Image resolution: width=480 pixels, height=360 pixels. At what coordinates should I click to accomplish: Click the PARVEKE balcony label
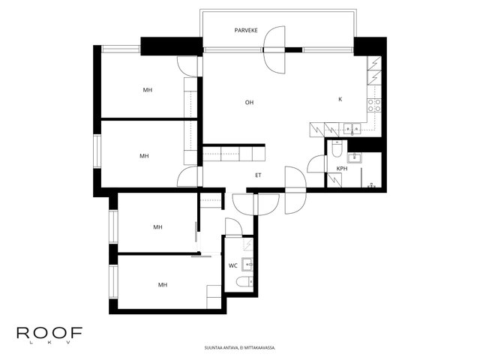pyautogui.click(x=246, y=30)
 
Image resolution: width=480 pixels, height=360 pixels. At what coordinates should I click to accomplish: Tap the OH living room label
pyautogui.click(x=249, y=102)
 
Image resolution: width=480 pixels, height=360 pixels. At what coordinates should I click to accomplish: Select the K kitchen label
pyautogui.click(x=340, y=99)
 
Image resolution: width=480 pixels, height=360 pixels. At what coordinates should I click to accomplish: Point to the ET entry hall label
pyautogui.click(x=258, y=175)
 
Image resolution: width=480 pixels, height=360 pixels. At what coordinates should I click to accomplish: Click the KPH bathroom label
pyautogui.click(x=342, y=168)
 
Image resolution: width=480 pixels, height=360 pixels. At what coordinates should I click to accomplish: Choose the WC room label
pyautogui.click(x=233, y=265)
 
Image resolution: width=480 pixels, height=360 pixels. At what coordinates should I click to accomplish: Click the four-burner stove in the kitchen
pyautogui.click(x=374, y=105)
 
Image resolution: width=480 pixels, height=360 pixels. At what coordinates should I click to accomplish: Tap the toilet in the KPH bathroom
pyautogui.click(x=337, y=148)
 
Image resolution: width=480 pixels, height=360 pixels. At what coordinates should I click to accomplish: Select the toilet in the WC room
pyautogui.click(x=244, y=281)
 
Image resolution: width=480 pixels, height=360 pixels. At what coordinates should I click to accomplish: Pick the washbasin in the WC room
pyautogui.click(x=247, y=265)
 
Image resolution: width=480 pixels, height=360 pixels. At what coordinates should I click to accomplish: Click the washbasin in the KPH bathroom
pyautogui.click(x=355, y=157)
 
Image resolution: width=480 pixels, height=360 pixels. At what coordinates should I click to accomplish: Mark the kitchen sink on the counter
pyautogui.click(x=352, y=129)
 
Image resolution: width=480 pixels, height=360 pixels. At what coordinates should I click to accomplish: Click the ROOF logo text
pyautogui.click(x=49, y=332)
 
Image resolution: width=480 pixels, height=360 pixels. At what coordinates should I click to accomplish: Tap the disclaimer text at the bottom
pyautogui.click(x=240, y=348)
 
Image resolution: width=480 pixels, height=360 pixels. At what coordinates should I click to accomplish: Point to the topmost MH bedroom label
pyautogui.click(x=148, y=90)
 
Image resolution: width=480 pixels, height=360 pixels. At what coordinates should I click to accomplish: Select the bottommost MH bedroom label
pyautogui.click(x=163, y=285)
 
